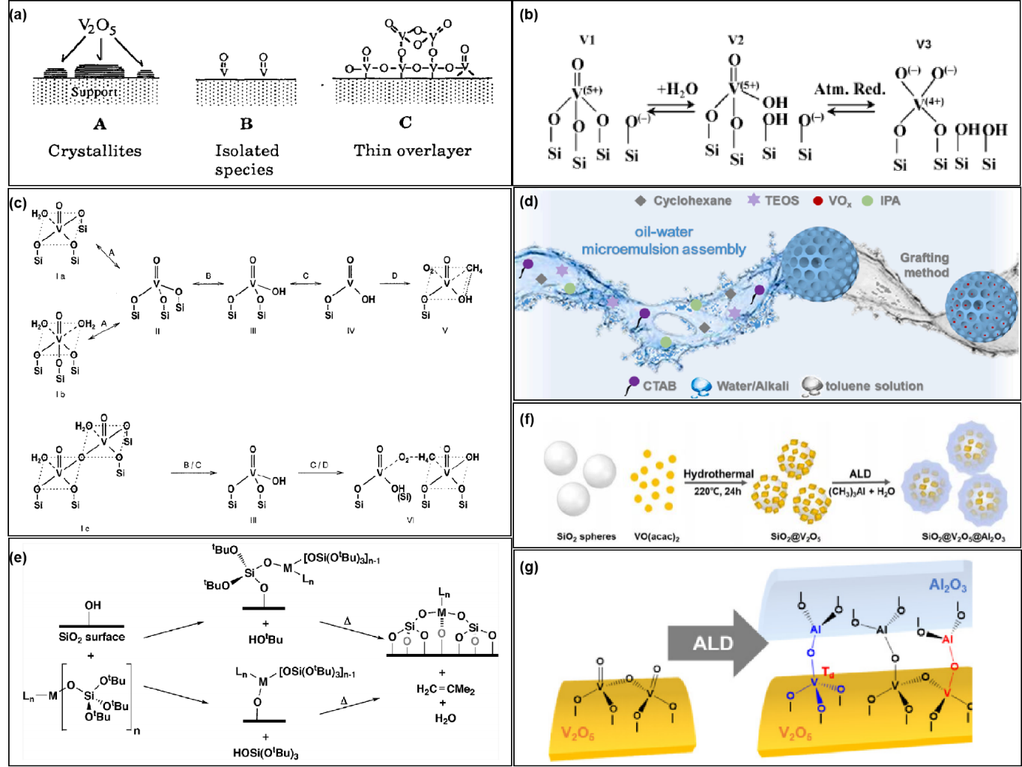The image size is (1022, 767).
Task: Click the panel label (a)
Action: tap(19, 14)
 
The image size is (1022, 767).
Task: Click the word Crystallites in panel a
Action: tap(94, 151)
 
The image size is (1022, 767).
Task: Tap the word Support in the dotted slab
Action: tap(94, 92)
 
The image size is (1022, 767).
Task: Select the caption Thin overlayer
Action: tap(412, 151)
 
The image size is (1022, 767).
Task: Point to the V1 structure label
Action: tap(587, 40)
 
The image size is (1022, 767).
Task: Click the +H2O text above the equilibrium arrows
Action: tap(677, 89)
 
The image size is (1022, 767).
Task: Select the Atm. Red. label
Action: tap(850, 89)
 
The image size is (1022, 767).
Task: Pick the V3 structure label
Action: tap(923, 44)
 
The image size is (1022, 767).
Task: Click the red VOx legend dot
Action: tap(817, 201)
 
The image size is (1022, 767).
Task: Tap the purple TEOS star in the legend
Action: tap(753, 200)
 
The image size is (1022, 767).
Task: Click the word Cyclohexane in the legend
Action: tap(692, 201)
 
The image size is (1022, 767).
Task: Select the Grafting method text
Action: tap(925, 265)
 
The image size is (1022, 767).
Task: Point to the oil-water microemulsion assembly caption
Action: tap(664, 240)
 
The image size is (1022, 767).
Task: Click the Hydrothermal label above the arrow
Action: tap(718, 474)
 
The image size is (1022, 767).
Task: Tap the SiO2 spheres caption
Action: tap(586, 536)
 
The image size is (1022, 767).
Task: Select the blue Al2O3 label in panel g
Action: tap(947, 585)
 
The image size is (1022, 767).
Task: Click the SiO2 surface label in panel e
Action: tap(91, 637)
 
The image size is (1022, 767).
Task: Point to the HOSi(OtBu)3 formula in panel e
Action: tap(265, 753)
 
